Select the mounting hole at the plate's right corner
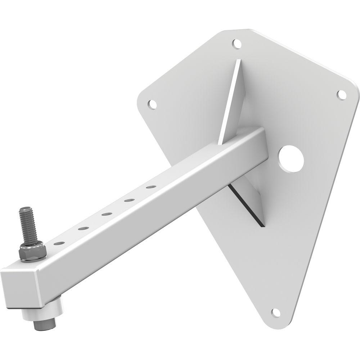click(x=341, y=94)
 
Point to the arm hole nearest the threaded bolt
click(x=60, y=244)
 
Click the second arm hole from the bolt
click(x=83, y=229)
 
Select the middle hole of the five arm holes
click(x=105, y=215)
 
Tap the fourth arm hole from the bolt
click(x=129, y=201)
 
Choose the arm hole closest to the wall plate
click(x=151, y=187)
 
